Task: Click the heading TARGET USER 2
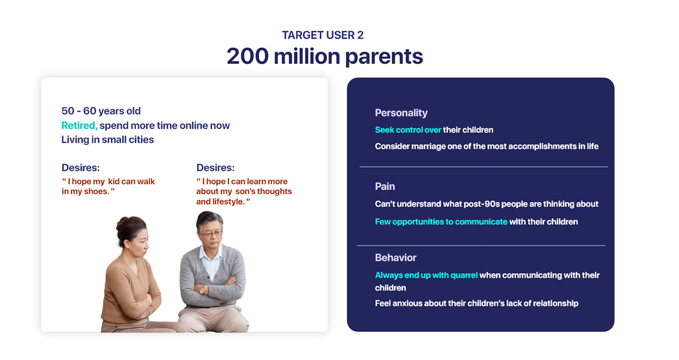tap(323, 35)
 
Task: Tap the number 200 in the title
tap(248, 57)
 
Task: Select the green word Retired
tap(79, 125)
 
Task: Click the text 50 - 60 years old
tap(101, 111)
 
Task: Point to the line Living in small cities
tap(108, 139)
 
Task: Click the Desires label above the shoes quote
tap(80, 168)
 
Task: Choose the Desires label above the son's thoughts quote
tap(215, 168)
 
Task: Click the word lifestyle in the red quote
tap(228, 202)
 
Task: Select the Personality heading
tap(401, 113)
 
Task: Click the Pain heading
tap(385, 186)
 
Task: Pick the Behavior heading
tap(396, 258)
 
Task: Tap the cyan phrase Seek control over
tap(408, 130)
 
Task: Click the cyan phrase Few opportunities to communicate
tap(441, 222)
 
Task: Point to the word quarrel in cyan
tap(464, 276)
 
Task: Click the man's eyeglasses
tap(210, 234)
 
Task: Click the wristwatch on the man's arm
tap(202, 290)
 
